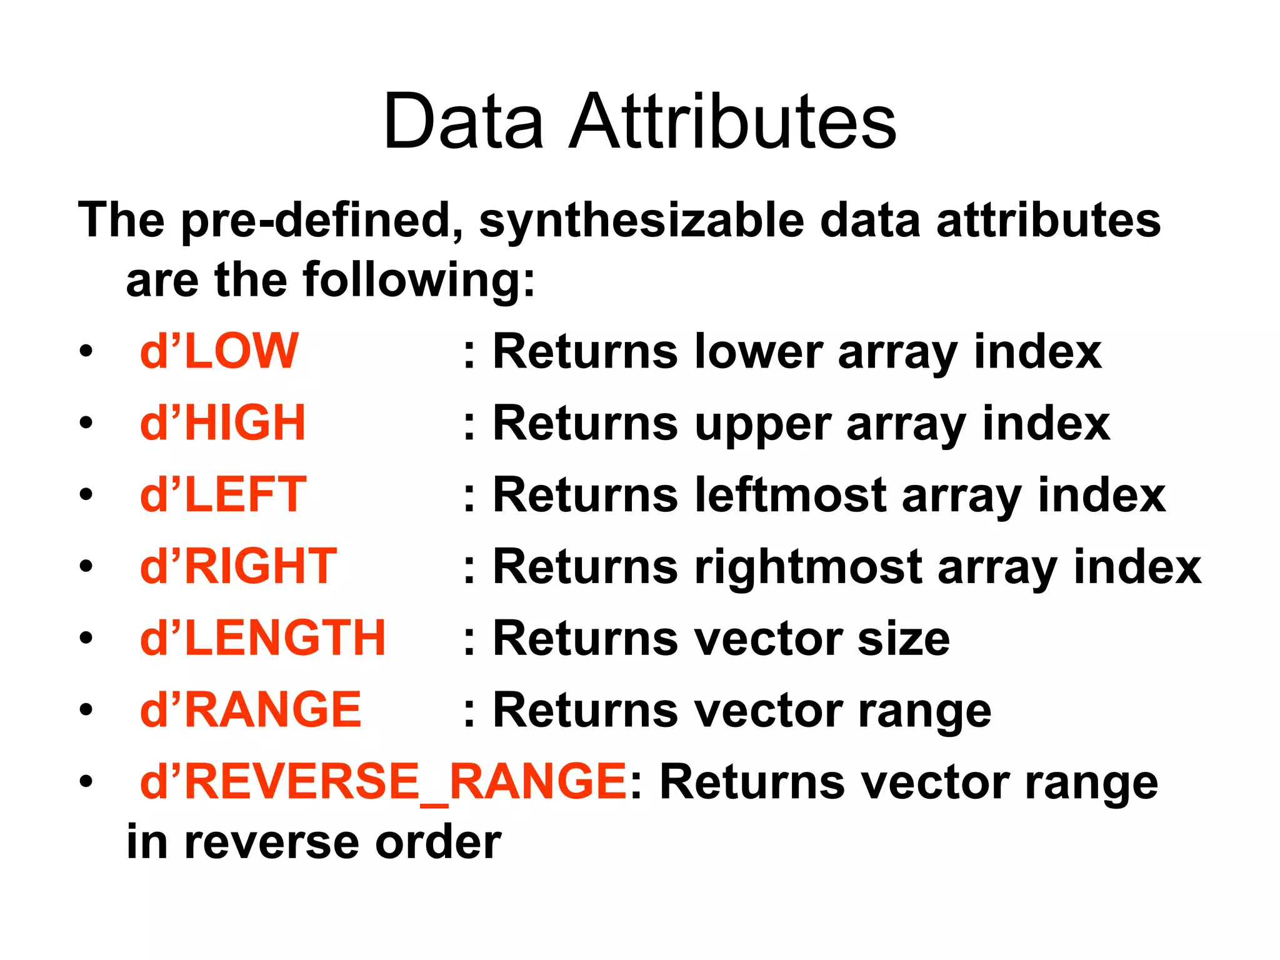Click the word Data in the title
(x=463, y=121)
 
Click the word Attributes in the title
(x=732, y=121)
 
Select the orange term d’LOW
(x=219, y=351)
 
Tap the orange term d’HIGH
(x=222, y=423)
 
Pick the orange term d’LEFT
(x=223, y=494)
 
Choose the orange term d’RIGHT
(x=238, y=566)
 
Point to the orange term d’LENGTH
(x=262, y=638)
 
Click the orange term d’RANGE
(x=250, y=710)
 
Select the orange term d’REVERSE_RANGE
(x=383, y=781)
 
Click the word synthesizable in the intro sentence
(x=641, y=221)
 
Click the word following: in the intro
(x=419, y=281)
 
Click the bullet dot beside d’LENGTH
(x=86, y=639)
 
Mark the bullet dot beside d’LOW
(x=86, y=352)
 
